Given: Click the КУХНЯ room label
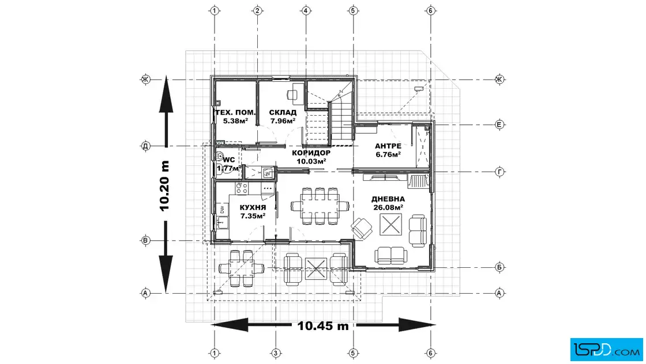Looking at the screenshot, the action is coord(253,207).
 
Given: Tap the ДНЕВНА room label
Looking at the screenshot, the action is coord(388,199).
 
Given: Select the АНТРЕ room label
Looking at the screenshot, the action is coord(388,146).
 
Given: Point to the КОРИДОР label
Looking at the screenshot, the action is coord(311,153).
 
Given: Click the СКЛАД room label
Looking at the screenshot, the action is coord(283,112).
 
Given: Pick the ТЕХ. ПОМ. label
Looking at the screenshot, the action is coord(235,112).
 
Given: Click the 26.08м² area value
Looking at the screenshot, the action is coord(388,207).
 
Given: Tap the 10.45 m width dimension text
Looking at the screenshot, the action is coord(323,326).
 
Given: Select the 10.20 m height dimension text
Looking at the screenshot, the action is coord(165,186).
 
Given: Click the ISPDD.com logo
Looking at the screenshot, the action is coord(606,350).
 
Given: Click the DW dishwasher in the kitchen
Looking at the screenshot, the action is coord(221,209).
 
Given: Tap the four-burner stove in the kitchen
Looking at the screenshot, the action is coord(242,189).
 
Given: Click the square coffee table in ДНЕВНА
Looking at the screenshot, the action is coord(390,225).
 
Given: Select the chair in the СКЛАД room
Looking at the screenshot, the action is coord(293,94).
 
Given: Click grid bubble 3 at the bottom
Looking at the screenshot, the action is coord(276,353).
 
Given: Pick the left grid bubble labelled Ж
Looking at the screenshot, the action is coord(145,79).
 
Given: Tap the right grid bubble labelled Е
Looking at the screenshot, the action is coord(499,124).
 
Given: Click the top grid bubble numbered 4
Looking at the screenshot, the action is coord(305,11).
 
